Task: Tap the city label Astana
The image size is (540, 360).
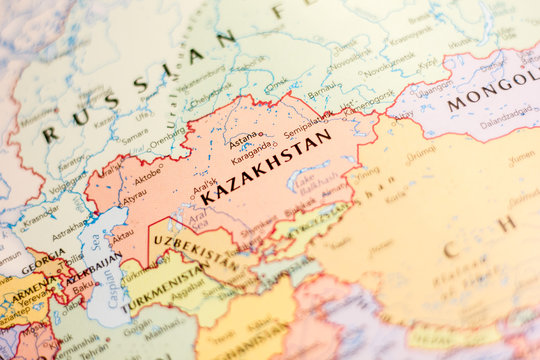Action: (243, 141)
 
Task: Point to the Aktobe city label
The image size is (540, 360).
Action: (147, 175)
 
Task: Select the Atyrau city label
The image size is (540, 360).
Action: (134, 197)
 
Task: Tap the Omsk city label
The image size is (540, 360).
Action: (276, 85)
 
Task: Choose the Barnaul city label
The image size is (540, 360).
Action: (322, 96)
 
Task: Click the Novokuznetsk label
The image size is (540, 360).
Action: (388, 69)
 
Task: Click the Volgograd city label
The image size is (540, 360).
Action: (67, 185)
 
